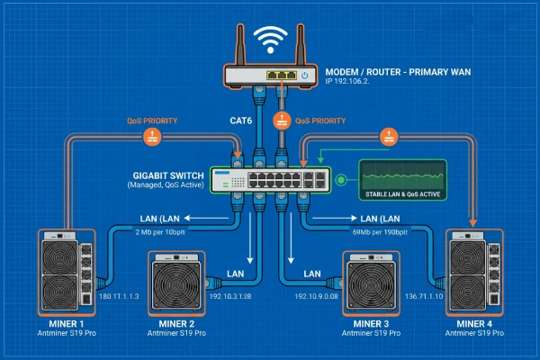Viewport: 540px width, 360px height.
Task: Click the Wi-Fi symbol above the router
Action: (x=269, y=39)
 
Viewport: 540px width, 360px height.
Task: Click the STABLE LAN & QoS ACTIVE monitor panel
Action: (x=403, y=178)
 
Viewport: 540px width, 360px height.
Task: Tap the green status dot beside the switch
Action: (x=341, y=181)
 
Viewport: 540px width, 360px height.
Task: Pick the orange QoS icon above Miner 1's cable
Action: (x=150, y=137)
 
